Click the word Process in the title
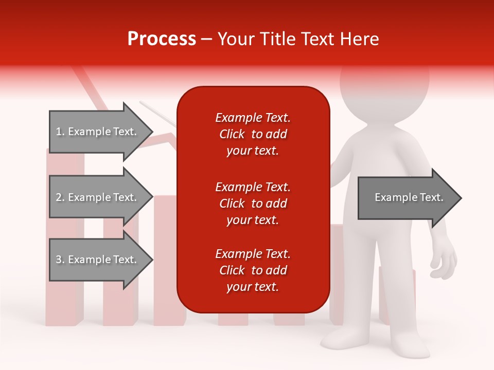click(162, 39)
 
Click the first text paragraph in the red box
click(253, 134)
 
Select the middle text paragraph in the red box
click(253, 203)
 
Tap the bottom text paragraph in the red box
click(253, 270)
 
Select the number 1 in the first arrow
click(59, 132)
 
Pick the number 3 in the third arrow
click(59, 260)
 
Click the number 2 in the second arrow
click(59, 197)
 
